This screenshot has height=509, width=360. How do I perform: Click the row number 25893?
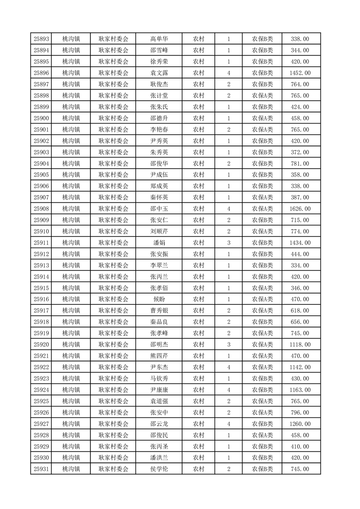point(41,39)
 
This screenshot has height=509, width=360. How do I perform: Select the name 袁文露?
point(159,73)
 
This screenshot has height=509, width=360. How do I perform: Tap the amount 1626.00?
point(300,209)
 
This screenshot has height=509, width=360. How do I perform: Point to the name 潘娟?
point(159,243)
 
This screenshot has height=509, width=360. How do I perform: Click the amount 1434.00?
point(300,243)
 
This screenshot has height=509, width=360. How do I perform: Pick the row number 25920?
point(41,344)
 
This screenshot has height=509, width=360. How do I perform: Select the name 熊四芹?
point(159,356)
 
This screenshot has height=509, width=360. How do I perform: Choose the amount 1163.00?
point(300,390)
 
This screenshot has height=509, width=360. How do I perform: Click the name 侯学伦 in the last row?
point(159,469)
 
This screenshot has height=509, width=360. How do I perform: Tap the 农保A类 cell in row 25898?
point(262,96)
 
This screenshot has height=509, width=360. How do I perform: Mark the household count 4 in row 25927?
point(228,424)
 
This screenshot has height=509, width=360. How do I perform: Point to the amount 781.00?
point(300,164)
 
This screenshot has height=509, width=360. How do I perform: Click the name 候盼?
point(159,299)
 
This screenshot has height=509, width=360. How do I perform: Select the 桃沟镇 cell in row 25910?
point(71,231)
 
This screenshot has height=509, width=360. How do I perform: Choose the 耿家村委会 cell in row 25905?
point(113,175)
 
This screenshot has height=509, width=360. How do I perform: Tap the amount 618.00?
point(300,311)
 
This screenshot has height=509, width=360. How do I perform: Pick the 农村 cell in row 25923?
point(198,378)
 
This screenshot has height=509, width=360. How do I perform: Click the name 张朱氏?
point(159,107)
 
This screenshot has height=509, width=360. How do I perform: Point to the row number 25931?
point(41,469)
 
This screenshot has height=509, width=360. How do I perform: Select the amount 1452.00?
point(300,73)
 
